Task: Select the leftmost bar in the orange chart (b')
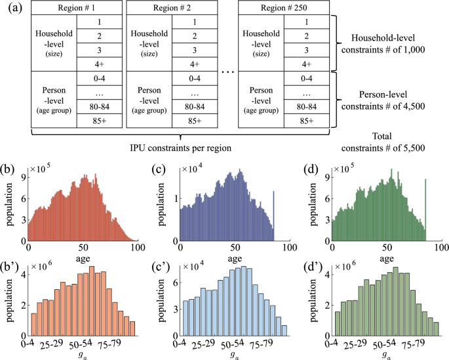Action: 34,324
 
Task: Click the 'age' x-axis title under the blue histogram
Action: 235,258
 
